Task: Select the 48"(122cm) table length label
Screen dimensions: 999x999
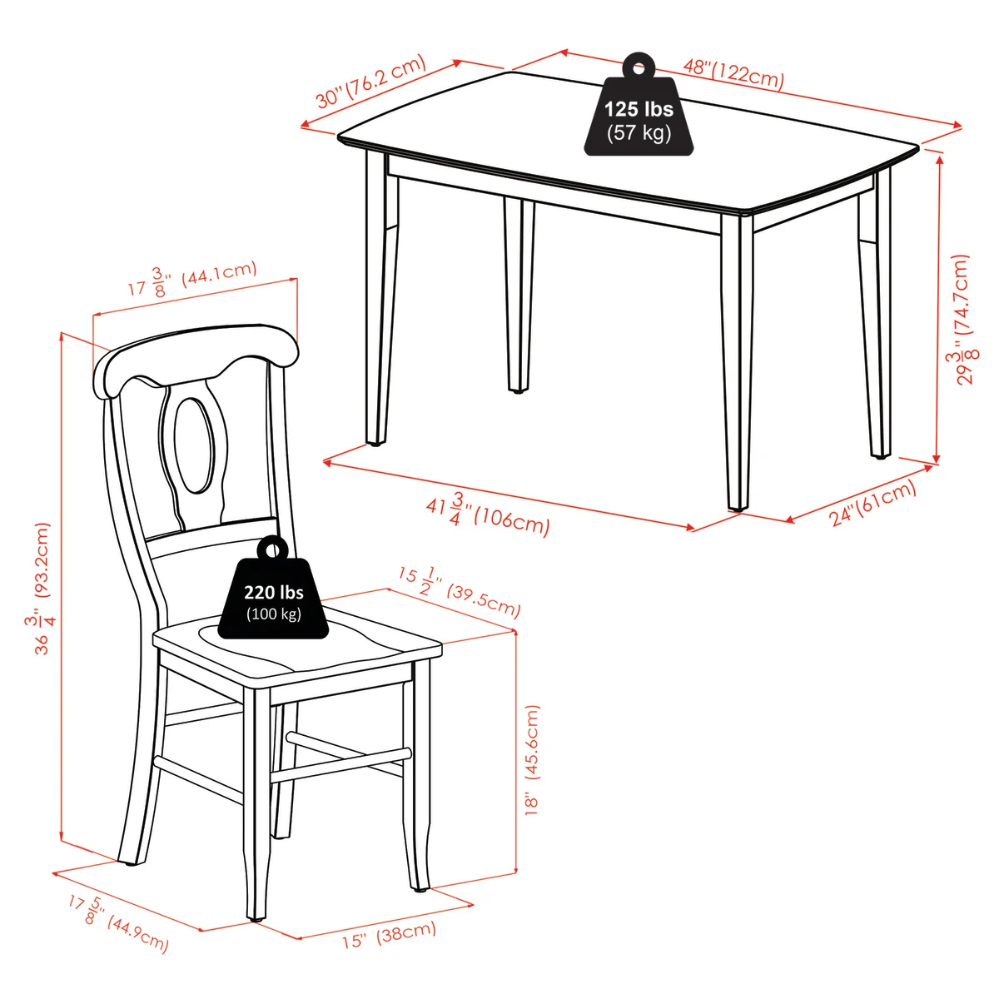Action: click(x=733, y=73)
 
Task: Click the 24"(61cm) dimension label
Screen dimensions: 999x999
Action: click(x=873, y=503)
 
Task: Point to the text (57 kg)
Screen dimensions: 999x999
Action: click(x=639, y=132)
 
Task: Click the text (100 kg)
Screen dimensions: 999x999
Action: click(x=273, y=614)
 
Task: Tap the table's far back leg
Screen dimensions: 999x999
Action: click(x=519, y=294)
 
